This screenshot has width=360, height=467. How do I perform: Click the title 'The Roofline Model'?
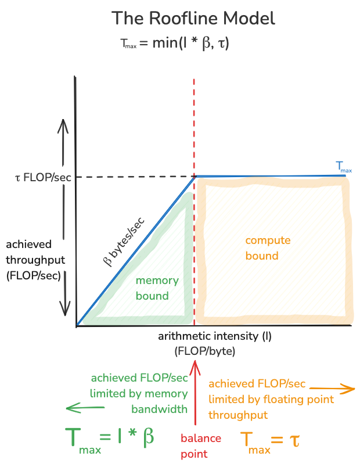pos(193,17)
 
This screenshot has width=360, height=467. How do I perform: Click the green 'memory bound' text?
pos(156,288)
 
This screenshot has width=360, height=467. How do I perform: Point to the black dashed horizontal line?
pos(134,176)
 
